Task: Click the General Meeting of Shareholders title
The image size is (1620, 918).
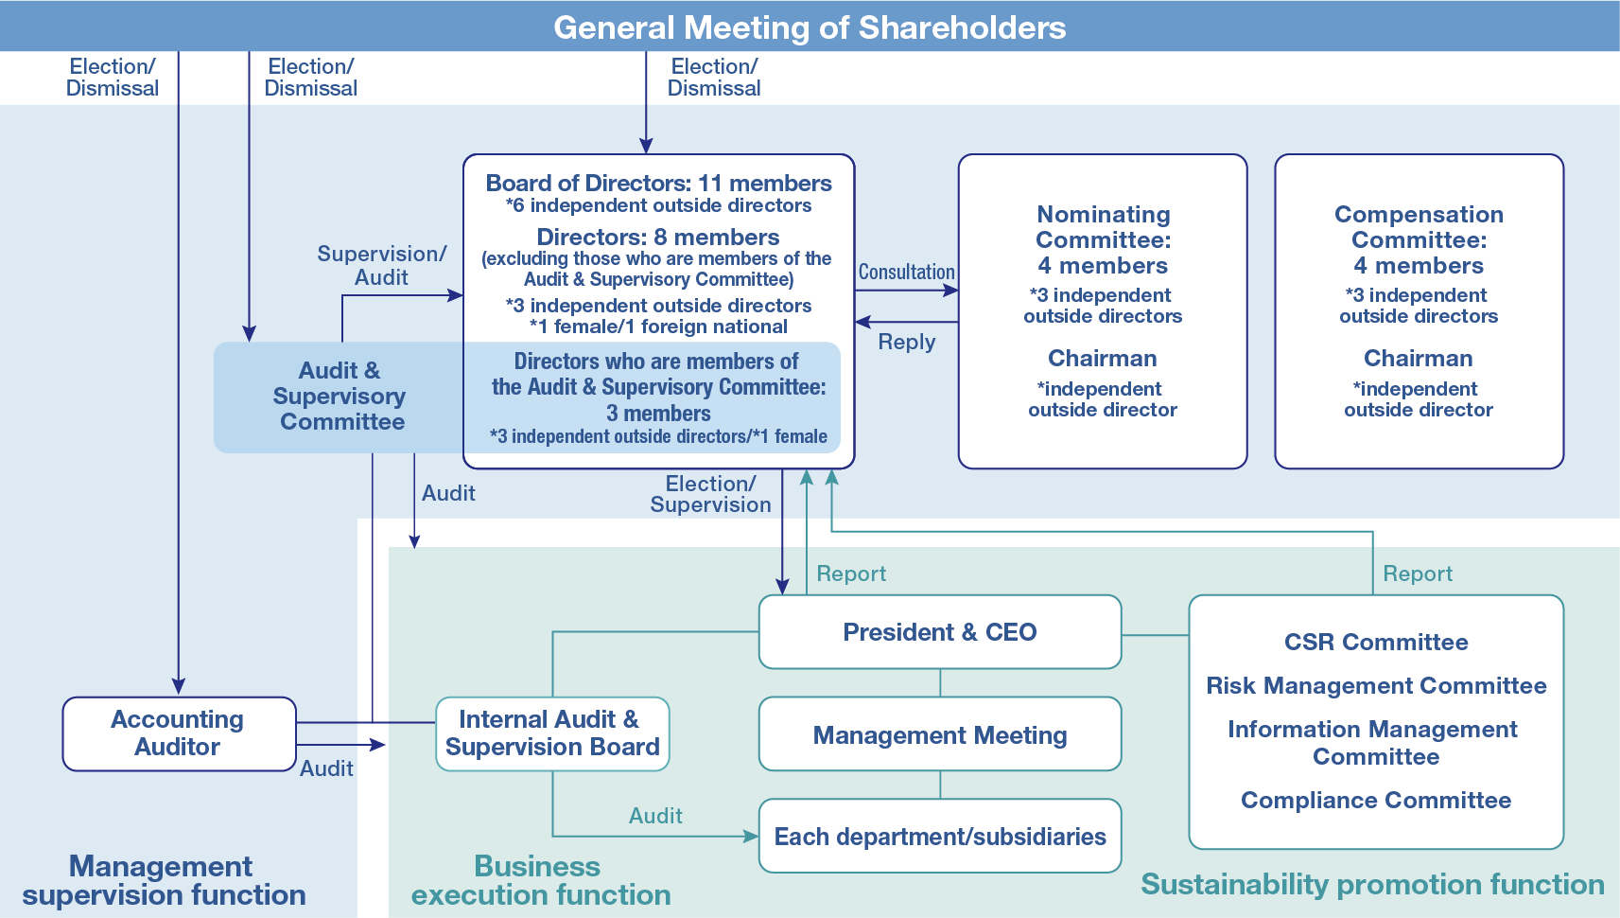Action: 810,27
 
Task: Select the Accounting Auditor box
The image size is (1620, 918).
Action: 179,733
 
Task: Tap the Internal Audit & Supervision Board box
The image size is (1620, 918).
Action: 552,733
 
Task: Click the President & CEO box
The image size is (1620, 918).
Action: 939,632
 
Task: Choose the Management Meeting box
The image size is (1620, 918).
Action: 939,735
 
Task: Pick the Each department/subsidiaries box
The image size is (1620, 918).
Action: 939,837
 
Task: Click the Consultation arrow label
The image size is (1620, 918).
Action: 906,273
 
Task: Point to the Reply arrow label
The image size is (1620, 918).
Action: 906,343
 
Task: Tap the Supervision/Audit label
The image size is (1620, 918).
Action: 381,266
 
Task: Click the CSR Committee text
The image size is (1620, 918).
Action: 1376,643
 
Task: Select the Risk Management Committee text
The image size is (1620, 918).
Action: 1376,686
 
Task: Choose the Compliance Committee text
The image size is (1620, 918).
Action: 1376,801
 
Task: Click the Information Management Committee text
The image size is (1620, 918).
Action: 1373,743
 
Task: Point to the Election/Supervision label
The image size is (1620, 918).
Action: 710,494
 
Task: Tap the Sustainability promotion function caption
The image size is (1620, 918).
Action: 1372,885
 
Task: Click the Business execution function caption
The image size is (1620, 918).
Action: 540,881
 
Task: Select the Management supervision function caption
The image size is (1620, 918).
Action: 163,881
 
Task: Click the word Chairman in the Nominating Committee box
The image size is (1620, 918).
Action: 1103,359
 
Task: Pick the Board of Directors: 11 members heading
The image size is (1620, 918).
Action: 658,184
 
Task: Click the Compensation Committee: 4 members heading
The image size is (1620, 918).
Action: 1419,240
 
